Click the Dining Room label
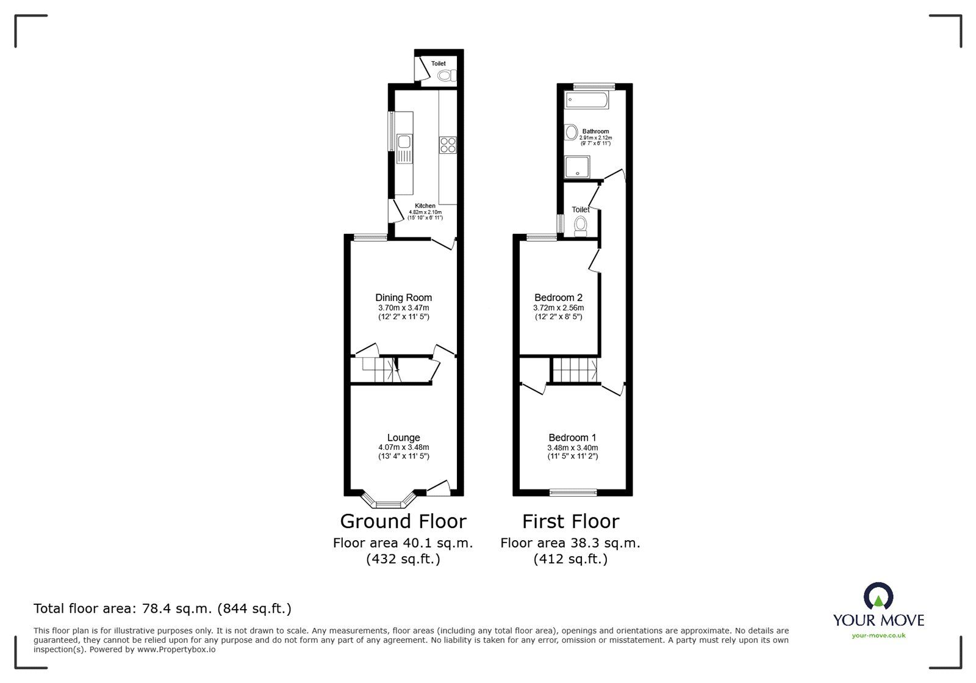pos(403,298)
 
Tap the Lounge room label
pos(403,438)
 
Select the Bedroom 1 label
pos(572,438)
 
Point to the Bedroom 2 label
pos(558,298)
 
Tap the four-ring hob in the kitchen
pos(447,145)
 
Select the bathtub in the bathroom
pos(587,100)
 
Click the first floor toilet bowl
pos(581,226)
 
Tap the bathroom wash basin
pos(571,132)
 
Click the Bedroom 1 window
pos(572,491)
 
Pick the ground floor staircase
pos(379,370)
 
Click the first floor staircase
pos(574,369)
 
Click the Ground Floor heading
pos(403,521)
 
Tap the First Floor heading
pos(570,521)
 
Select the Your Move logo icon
pos(878,596)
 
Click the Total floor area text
pos(162,609)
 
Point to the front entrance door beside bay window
pos(438,486)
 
